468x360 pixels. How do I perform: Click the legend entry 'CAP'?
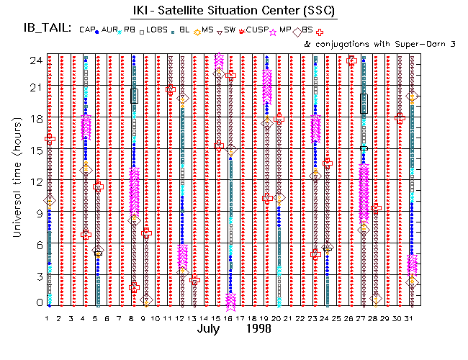click(x=87, y=30)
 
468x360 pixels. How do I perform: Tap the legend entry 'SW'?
click(x=230, y=30)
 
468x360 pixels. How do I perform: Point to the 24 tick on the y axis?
click(x=33, y=60)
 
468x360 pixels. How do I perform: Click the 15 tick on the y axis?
click(x=33, y=150)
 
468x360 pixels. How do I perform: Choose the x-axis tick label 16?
click(x=230, y=318)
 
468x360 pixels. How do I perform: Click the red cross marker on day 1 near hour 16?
click(x=50, y=138)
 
